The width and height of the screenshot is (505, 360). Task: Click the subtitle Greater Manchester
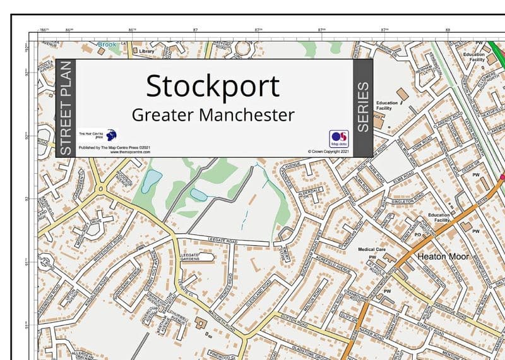coord(213,116)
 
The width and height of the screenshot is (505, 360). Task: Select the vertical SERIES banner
coord(363,107)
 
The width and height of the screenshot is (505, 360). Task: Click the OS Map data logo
coord(338,138)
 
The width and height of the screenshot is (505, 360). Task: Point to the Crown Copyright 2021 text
coord(328,152)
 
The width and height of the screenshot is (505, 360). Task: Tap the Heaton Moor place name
coord(443,257)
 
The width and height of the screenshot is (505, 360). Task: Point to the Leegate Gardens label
coord(190,256)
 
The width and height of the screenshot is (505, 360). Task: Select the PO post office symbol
coord(417,234)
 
